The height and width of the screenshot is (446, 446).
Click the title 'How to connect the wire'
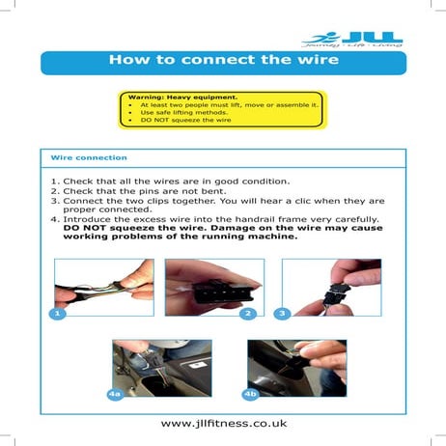click(x=223, y=61)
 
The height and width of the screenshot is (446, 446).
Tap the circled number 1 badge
click(x=59, y=314)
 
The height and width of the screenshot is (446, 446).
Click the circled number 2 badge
click(x=247, y=314)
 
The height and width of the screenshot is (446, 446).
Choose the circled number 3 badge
click(x=282, y=314)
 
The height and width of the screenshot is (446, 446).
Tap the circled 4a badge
click(x=115, y=394)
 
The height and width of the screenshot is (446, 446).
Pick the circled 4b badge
click(x=250, y=394)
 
